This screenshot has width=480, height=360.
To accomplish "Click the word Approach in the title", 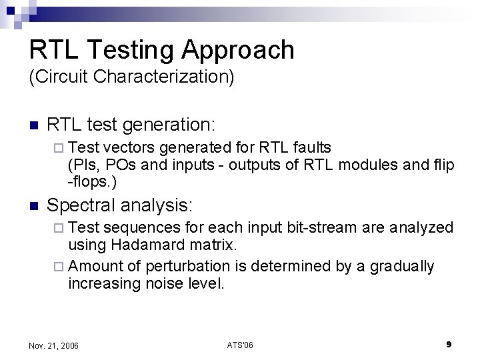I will (x=239, y=51).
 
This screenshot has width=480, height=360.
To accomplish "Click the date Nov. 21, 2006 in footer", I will (x=53, y=345).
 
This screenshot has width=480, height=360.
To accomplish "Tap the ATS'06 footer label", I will (x=240, y=345).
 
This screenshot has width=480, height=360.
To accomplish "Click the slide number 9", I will (x=449, y=345).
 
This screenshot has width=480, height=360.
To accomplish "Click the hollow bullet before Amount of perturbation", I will (x=60, y=267).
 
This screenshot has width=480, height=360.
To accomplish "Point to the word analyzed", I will (x=429, y=228).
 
